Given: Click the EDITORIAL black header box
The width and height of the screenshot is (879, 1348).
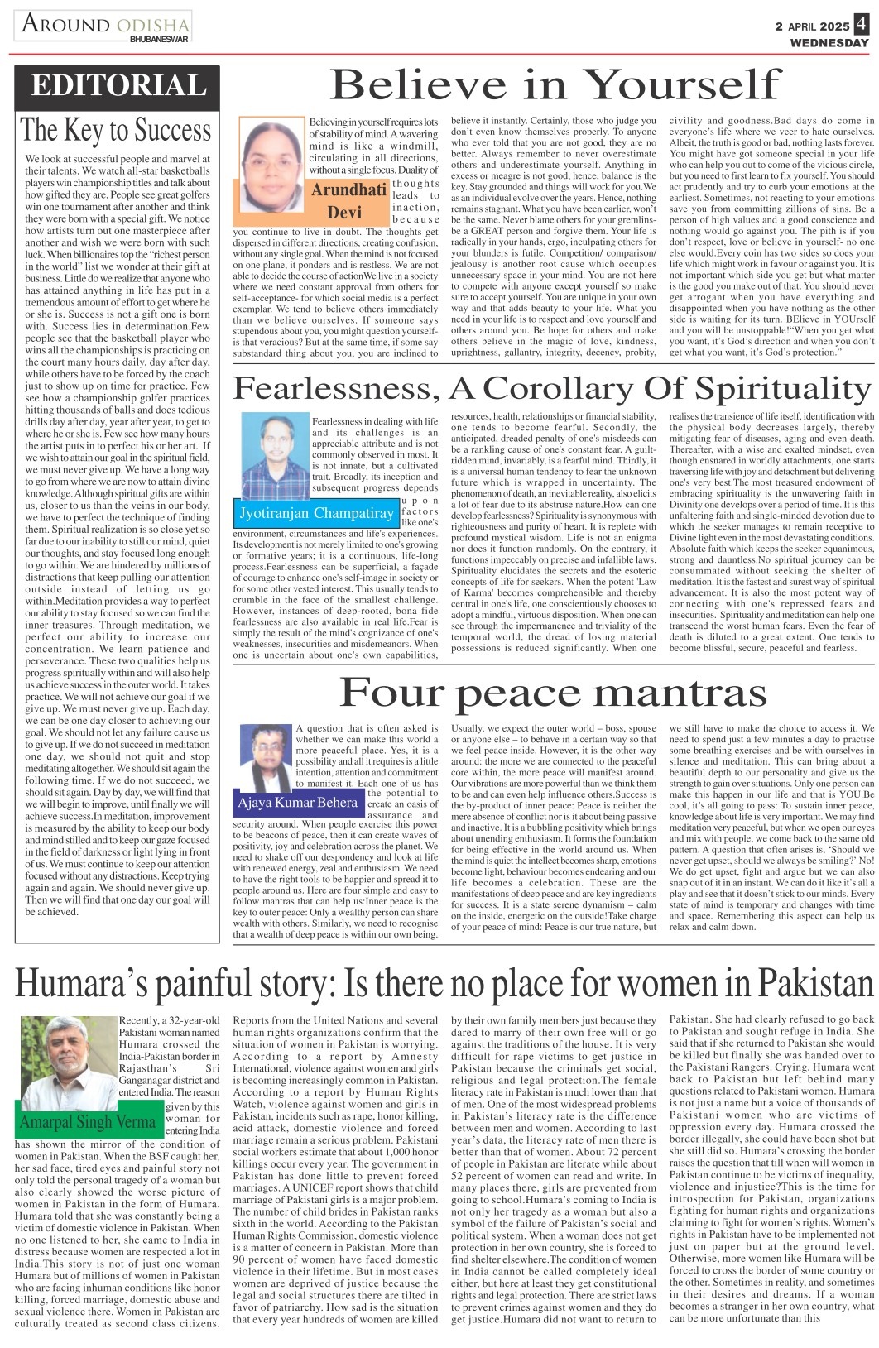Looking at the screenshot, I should coord(118,86).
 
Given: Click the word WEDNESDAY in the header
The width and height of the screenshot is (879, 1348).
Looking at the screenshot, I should coord(829,42).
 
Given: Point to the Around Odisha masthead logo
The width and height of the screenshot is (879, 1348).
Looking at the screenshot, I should coord(105,24).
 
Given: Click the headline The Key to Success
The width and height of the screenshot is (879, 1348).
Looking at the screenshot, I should coord(116,131).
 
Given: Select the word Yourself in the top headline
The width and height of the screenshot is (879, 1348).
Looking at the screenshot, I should coord(681,84).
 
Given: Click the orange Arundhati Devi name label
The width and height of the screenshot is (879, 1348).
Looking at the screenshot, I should coord(348,200).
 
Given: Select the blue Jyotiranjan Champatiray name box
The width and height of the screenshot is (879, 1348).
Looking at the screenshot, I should coord(316,513).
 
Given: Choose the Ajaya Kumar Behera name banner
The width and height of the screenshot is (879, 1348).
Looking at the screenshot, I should coord(298,803).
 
